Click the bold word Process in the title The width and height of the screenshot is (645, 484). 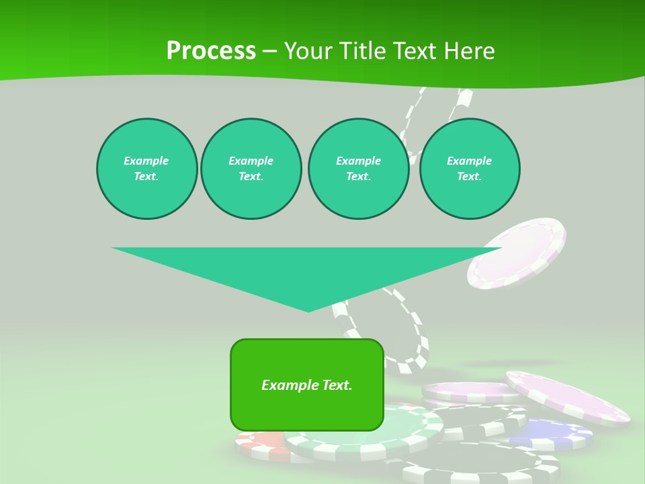(211, 51)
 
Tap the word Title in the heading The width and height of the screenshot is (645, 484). (363, 51)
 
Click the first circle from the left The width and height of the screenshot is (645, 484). (146, 169)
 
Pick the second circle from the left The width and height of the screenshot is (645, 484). (251, 169)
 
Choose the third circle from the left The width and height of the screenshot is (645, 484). (358, 169)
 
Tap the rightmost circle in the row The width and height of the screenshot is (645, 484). (470, 169)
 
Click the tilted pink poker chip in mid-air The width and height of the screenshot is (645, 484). (517, 253)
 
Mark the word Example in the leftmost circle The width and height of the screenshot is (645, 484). (146, 161)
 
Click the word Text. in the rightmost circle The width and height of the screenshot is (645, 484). (470, 176)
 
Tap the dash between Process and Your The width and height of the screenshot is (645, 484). (269, 51)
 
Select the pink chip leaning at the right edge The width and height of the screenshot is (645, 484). (568, 397)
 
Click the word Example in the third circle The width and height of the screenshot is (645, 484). (358, 161)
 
